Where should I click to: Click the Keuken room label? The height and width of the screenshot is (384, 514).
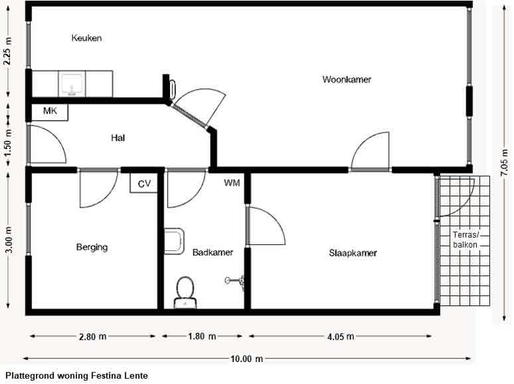click(x=86, y=39)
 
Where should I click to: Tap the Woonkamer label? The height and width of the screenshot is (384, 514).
click(x=347, y=80)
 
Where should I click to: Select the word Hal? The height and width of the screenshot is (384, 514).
click(x=118, y=138)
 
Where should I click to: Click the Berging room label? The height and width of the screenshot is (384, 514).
click(x=92, y=248)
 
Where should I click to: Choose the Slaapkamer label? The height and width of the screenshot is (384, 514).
click(x=353, y=253)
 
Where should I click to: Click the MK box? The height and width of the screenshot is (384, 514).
click(x=50, y=111)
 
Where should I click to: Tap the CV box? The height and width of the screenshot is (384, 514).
click(x=144, y=183)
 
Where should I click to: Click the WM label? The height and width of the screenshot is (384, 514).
click(x=232, y=182)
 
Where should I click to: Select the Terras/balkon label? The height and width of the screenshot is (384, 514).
click(x=466, y=240)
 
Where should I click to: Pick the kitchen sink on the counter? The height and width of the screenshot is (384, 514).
click(x=72, y=84)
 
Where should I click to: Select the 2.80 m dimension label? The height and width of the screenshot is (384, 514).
click(x=92, y=337)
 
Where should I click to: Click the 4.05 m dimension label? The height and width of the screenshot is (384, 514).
click(x=341, y=337)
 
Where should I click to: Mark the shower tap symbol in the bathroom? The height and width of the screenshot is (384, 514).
click(x=236, y=281)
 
